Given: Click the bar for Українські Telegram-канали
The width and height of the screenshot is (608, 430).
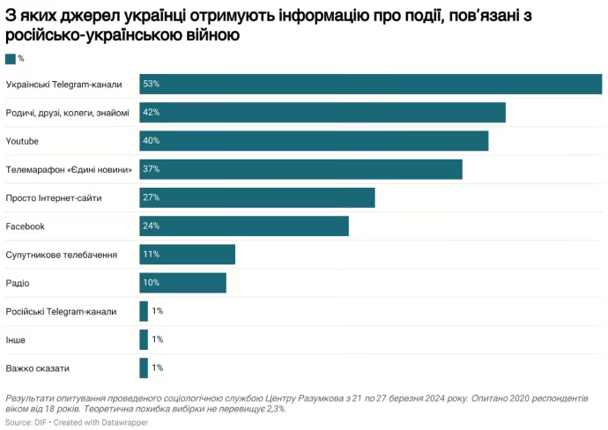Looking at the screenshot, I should click(x=370, y=84).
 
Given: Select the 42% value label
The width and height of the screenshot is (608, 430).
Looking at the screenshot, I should click(x=151, y=112).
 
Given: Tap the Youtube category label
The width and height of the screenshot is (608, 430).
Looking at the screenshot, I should click(x=22, y=141).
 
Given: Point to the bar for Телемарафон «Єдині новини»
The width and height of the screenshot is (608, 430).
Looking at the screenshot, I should click(x=300, y=169).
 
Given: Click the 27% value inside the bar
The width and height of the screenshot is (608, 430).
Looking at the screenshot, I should click(x=151, y=197).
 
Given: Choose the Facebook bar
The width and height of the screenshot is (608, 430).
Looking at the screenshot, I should click(x=244, y=226).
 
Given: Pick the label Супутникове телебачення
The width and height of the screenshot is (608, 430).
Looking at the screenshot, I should click(x=62, y=255).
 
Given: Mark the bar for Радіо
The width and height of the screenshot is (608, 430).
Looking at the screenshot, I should click(x=182, y=283).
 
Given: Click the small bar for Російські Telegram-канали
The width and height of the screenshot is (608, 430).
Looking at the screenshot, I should click(x=144, y=311).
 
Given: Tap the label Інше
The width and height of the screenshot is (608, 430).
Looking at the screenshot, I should click(x=16, y=339).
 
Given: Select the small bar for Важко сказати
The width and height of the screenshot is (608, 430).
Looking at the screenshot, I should click(x=144, y=368).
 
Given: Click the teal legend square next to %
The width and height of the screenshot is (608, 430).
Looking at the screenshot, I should click(x=10, y=58).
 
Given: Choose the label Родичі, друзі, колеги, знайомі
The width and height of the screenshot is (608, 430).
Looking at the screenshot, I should click(x=67, y=113).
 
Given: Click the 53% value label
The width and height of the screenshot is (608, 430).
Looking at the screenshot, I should click(x=151, y=84).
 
